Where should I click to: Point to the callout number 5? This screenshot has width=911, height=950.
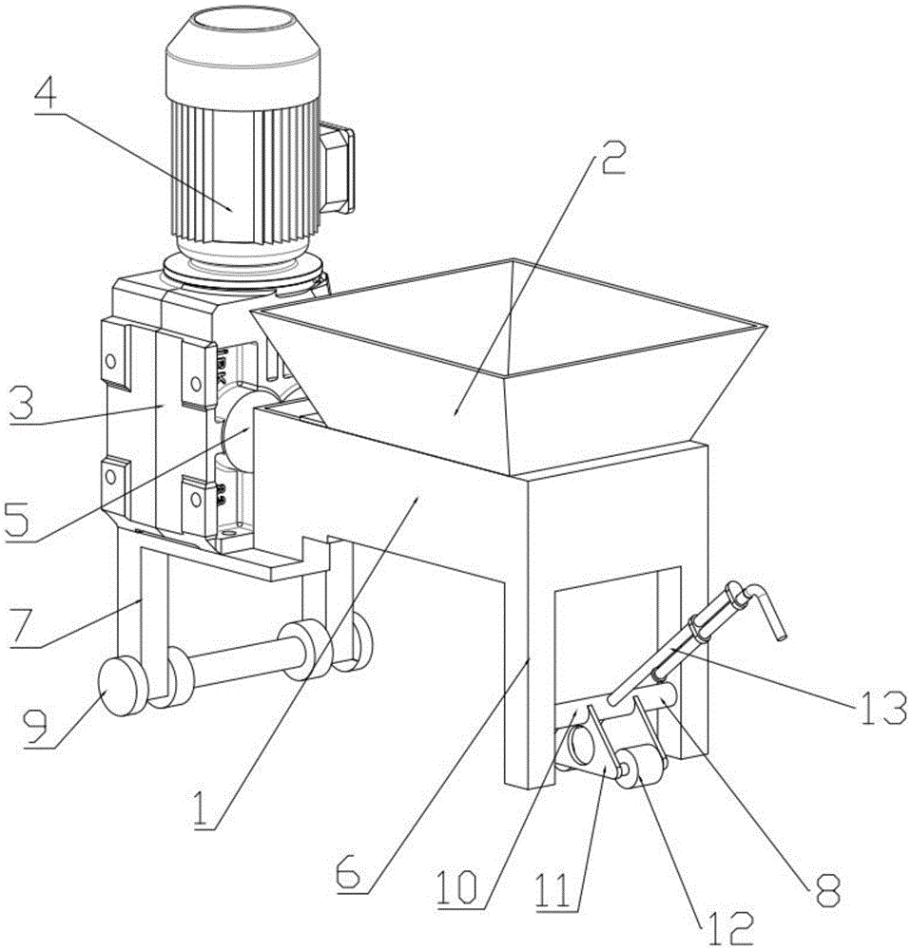point(20,519)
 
